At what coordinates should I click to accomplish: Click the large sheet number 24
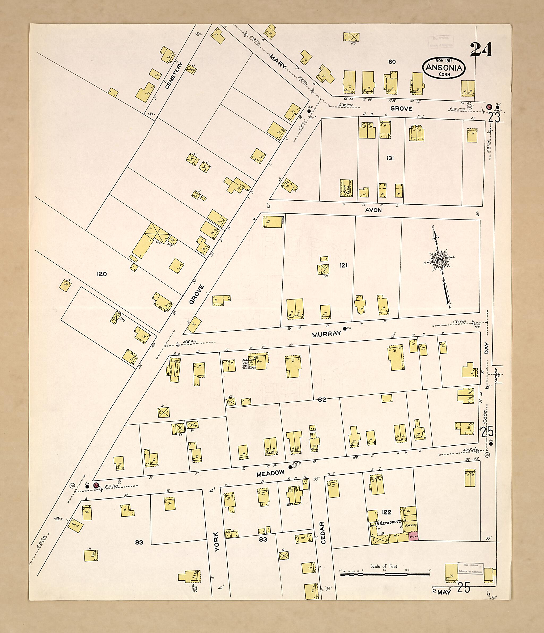click(481, 49)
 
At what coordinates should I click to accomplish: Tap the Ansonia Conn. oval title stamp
click(444, 68)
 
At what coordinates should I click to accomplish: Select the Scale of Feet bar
click(385, 574)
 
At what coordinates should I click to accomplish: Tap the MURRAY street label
click(326, 334)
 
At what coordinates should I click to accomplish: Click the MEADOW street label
click(270, 473)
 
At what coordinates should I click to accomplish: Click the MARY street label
click(278, 61)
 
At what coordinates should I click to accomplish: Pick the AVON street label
click(373, 210)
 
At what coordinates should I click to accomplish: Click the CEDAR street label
click(324, 533)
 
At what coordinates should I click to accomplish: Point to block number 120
click(101, 274)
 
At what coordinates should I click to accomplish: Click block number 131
click(390, 158)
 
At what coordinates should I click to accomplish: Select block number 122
click(386, 512)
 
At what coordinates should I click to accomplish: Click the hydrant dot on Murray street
click(345, 329)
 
